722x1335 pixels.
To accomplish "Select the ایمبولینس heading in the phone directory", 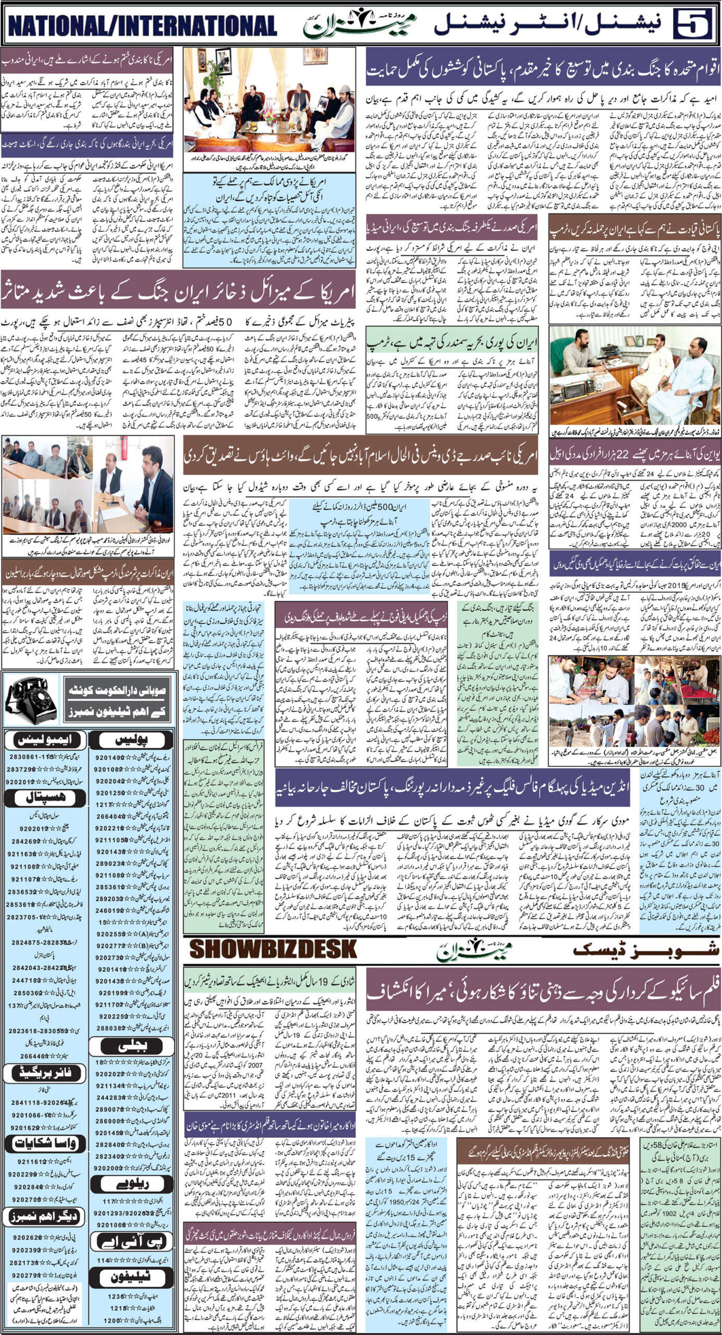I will [x=43, y=739].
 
